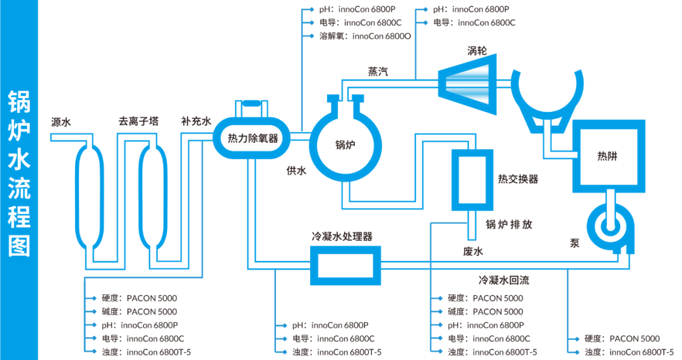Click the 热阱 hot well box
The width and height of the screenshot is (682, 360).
tap(609, 155)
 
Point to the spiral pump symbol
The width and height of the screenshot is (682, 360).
tap(609, 224)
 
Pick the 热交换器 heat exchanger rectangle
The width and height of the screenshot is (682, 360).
tap(471, 179)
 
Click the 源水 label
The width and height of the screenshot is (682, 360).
tap(61, 122)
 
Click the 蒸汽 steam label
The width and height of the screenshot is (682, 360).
tap(378, 72)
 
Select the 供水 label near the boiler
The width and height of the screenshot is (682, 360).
tap(296, 171)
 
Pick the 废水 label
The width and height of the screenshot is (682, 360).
tap(473, 251)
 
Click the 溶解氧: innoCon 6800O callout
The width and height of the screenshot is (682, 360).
tap(364, 36)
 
